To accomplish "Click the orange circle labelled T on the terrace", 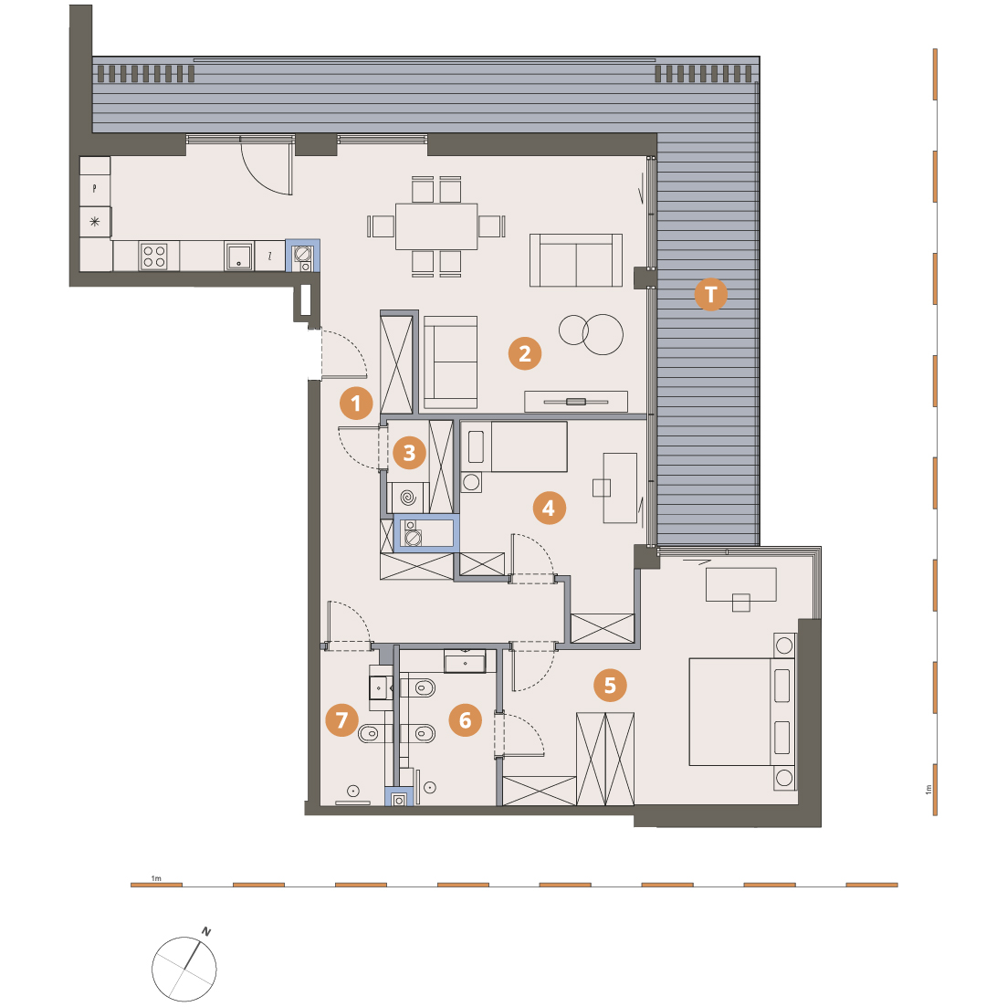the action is coord(710,294).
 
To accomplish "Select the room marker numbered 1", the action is coord(356,404).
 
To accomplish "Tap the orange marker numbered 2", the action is coord(525,353).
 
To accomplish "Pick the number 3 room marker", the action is coord(409,453).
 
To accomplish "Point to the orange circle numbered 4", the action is coord(549,508).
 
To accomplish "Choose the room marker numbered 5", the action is coord(610,686).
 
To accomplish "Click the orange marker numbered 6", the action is coord(465,720).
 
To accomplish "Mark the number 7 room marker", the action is coord(341,720).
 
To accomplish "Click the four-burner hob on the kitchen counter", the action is coord(154,257).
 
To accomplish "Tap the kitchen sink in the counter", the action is coord(238,257).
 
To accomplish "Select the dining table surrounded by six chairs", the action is coord(436,226).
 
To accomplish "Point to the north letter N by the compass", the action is coord(206,931).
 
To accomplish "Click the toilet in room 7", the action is coord(372,733).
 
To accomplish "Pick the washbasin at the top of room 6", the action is coord(465,661).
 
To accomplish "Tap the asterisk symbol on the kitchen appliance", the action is coord(95,222).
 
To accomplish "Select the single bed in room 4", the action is coord(514,446).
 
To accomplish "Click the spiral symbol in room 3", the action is coord(408,497).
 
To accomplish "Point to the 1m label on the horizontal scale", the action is coord(156,878).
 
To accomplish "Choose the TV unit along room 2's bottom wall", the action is coord(576,402).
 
